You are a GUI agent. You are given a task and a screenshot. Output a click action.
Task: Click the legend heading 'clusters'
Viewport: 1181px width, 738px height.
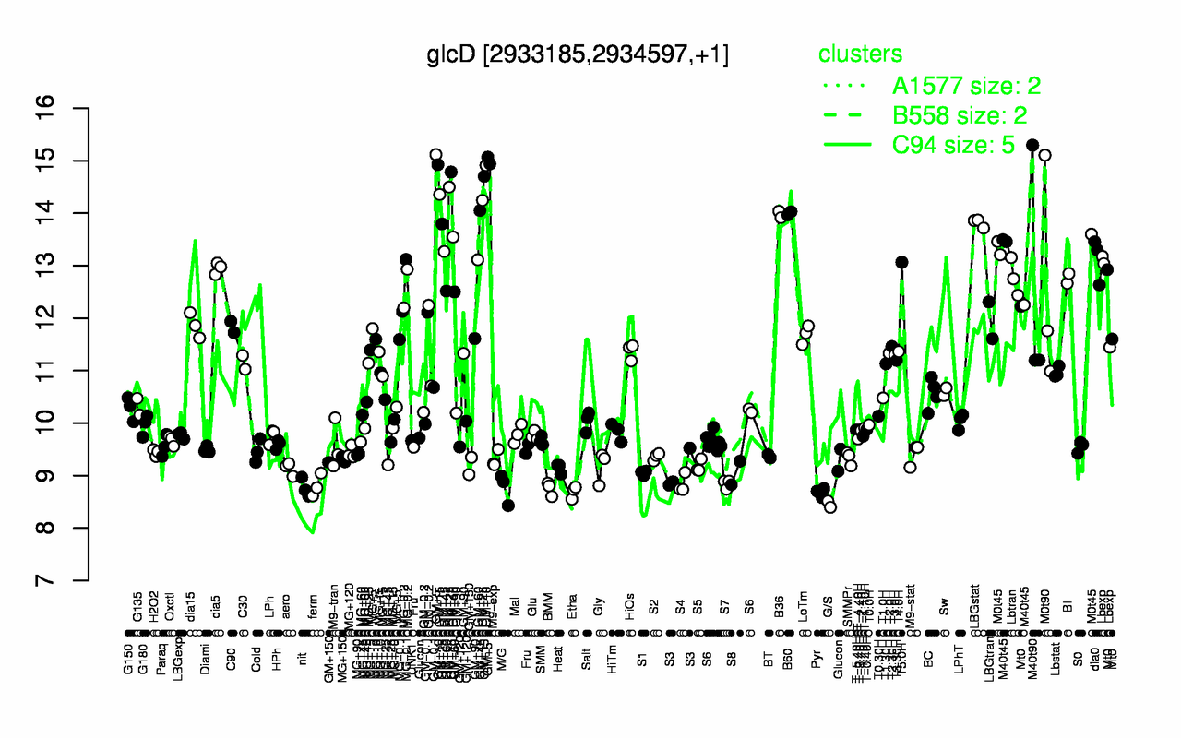point(861,54)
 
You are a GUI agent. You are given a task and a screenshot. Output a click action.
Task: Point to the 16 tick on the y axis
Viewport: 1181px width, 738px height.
point(69,109)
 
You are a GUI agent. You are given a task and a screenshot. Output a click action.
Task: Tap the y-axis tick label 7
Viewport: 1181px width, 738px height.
point(69,580)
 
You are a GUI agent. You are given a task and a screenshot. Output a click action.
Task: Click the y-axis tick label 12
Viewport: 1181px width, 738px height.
point(69,318)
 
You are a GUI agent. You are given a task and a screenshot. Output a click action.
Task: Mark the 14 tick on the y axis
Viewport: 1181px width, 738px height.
point(69,213)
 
